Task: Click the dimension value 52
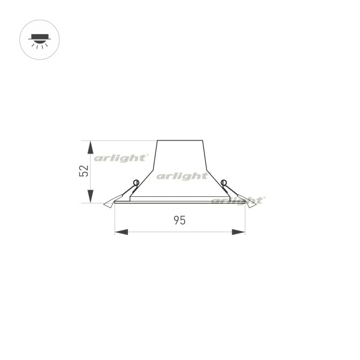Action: (84, 170)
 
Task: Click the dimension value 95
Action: (179, 220)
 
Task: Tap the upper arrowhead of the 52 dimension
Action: (91, 147)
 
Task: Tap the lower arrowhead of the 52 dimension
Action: (91, 196)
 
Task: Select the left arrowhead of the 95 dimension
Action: (121, 232)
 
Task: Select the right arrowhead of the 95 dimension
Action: (239, 232)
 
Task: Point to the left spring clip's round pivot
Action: (136, 183)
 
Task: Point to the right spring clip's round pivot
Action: (224, 183)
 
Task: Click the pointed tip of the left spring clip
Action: (104, 205)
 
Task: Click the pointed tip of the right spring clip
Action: (256, 205)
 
